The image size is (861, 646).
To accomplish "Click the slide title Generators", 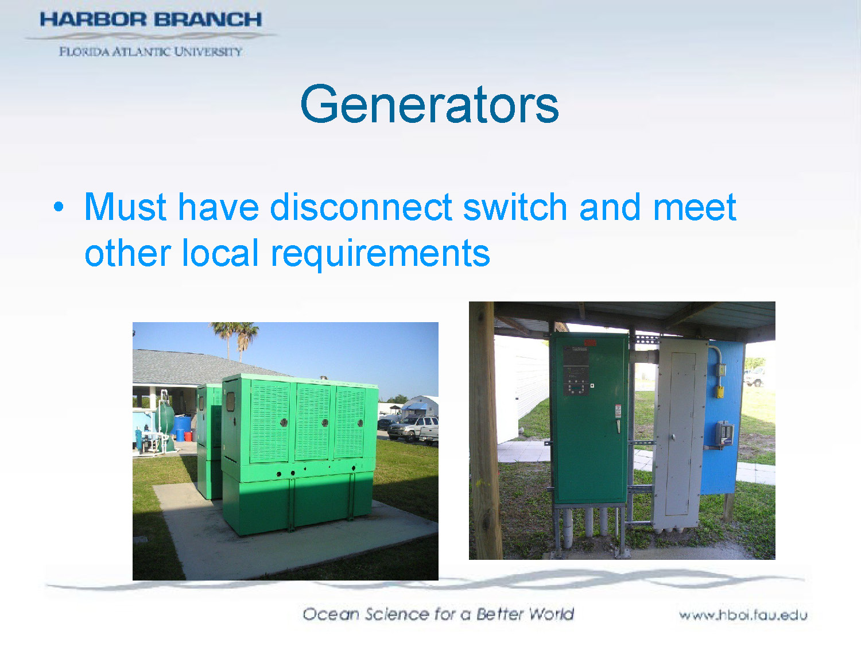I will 429,105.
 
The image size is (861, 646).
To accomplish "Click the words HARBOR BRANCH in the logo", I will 150,20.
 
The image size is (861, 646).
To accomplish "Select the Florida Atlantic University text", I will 150,52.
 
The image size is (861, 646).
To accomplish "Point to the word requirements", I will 380,253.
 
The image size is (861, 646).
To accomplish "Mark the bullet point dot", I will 59,207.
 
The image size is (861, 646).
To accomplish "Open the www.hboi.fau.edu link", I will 743,615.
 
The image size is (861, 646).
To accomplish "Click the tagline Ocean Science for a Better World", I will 438,614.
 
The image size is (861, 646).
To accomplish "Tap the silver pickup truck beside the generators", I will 414,428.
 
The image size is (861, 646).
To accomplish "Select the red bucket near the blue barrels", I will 188,435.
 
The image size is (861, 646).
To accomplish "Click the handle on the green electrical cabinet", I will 618,426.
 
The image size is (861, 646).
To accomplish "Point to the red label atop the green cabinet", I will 589,343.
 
